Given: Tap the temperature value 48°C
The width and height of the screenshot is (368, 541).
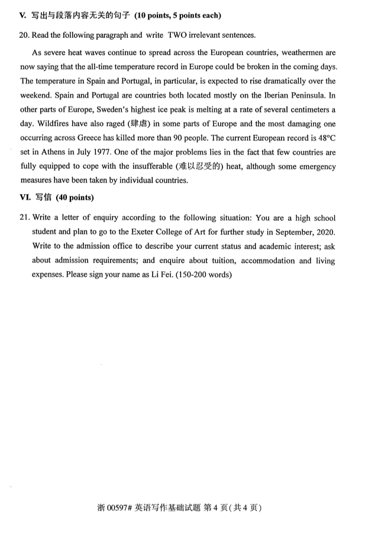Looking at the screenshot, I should point(325,138).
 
